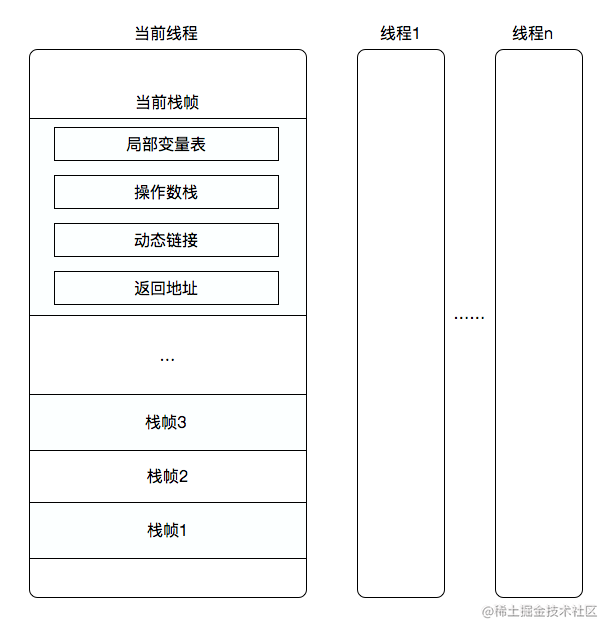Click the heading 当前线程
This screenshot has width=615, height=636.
(166, 33)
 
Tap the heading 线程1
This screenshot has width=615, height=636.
(400, 33)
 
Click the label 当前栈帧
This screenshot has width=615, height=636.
(167, 102)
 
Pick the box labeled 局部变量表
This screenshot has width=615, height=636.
(166, 144)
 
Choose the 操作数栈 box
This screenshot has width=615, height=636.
(166, 192)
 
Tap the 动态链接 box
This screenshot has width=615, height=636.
(166, 240)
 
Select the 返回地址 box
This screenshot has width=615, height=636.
(166, 288)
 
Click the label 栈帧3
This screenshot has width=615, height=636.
(167, 422)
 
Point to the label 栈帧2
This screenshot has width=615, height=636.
(167, 476)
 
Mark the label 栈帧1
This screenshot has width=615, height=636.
(167, 530)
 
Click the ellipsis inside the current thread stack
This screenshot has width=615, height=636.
(167, 357)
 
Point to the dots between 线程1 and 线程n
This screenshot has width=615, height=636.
(469, 317)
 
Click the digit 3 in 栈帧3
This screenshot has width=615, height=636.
(183, 422)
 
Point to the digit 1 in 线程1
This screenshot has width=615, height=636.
(416, 33)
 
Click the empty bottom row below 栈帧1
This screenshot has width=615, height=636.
(167, 577)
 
